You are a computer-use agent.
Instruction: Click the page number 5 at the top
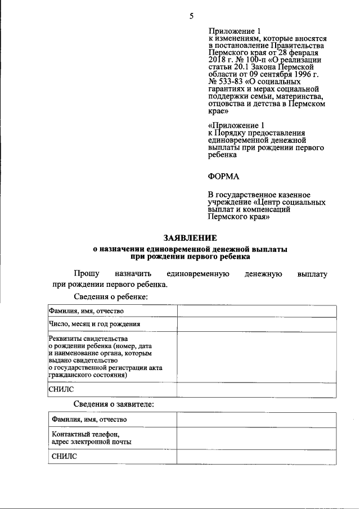coord(191,16)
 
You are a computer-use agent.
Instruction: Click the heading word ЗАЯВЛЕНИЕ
coord(190,238)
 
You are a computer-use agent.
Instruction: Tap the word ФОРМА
coord(223,177)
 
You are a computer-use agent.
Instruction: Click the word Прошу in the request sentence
coord(86,274)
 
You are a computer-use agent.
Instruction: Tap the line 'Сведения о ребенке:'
coord(110,296)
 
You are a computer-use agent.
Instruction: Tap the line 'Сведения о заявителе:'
coord(114,404)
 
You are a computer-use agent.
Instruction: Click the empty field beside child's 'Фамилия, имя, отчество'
coord(256,311)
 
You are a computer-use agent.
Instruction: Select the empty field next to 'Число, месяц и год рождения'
coord(256,325)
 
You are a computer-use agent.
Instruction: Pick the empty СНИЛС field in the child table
coord(256,390)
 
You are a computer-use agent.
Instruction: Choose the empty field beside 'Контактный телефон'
coord(256,438)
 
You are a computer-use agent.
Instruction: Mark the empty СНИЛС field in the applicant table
coord(256,457)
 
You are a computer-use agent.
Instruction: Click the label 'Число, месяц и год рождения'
coord(94,325)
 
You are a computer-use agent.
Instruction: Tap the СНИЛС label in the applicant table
coord(64,457)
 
